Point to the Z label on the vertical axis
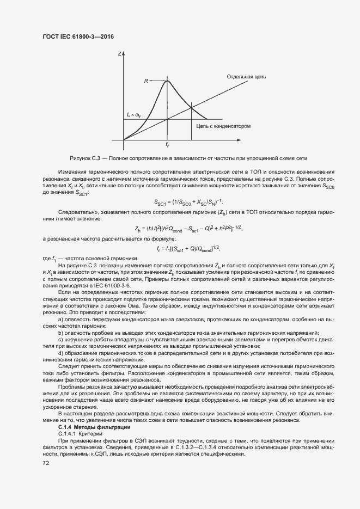click(x=119, y=54)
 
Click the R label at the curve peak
click(x=146, y=81)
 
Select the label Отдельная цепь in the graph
click(x=247, y=77)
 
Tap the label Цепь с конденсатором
click(x=223, y=125)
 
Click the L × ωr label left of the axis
click(x=134, y=115)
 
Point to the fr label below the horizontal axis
click(x=167, y=145)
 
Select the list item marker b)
click(x=60, y=333)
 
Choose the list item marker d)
click(x=60, y=353)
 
